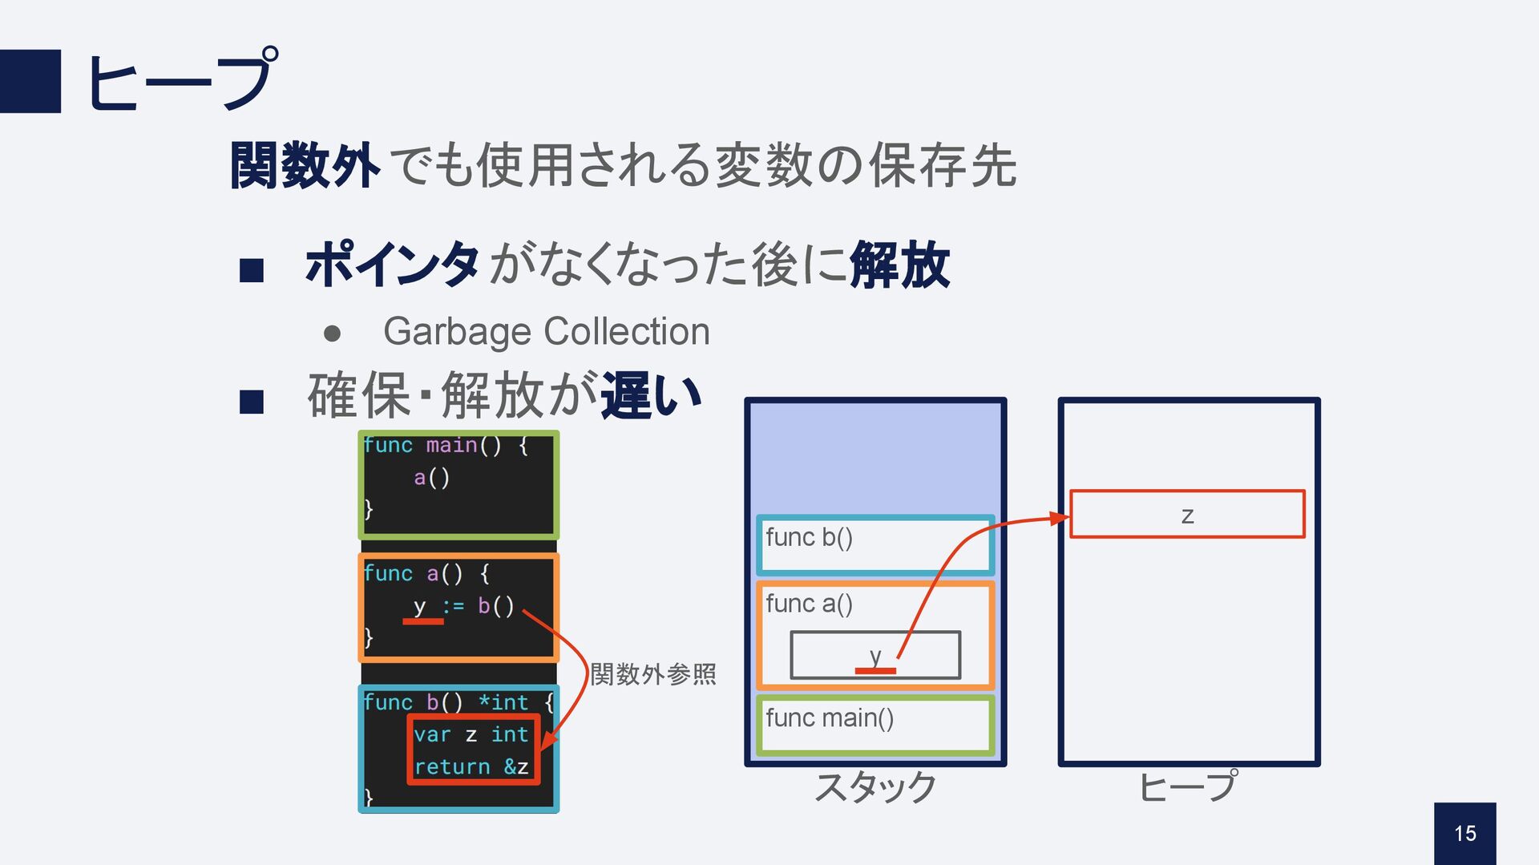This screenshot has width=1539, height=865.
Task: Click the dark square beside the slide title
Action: pos(30,81)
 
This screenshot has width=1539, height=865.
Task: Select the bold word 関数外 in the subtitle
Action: pos(304,166)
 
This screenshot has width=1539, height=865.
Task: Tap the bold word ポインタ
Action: pos(392,265)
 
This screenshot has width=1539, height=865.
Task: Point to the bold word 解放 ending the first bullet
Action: pos(899,265)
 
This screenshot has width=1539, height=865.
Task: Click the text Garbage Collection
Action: pos(546,331)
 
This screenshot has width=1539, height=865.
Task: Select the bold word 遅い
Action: pos(651,395)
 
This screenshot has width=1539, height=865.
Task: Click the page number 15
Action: pos(1464,834)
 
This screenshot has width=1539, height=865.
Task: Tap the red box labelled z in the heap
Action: pos(1186,514)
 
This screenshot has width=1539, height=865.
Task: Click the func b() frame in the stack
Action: pos(875,544)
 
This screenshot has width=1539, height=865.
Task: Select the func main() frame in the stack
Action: pos(875,724)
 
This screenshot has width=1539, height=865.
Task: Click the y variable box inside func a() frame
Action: pos(875,655)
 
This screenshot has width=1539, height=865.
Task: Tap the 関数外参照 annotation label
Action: pos(652,674)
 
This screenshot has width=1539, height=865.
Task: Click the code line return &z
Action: pos(471,767)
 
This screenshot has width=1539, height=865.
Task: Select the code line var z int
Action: pos(471,734)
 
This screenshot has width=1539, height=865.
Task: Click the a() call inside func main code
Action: pos(431,478)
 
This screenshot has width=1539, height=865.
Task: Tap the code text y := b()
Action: pos(463,606)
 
